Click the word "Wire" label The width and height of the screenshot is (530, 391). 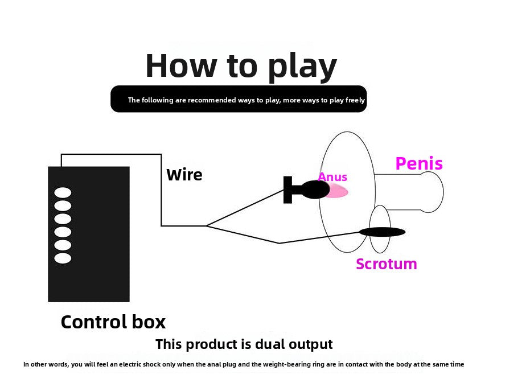[184, 175]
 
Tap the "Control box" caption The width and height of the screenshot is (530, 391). [113, 322]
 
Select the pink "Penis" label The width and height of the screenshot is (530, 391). [419, 163]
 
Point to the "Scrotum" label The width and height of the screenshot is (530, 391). [387, 264]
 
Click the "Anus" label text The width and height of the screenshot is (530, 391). [332, 177]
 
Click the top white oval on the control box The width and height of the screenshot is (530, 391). [63, 192]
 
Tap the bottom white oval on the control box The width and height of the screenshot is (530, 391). [63, 258]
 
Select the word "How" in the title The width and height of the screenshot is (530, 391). [181, 65]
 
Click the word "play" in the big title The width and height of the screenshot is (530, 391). [302, 68]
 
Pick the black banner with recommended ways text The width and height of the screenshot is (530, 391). [239, 98]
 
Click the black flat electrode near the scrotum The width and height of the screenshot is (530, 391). [382, 232]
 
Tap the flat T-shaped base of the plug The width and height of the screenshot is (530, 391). [287, 190]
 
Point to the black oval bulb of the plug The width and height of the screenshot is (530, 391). [315, 190]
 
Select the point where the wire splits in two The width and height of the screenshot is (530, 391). [206, 226]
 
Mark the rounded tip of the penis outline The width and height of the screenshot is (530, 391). [443, 192]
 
